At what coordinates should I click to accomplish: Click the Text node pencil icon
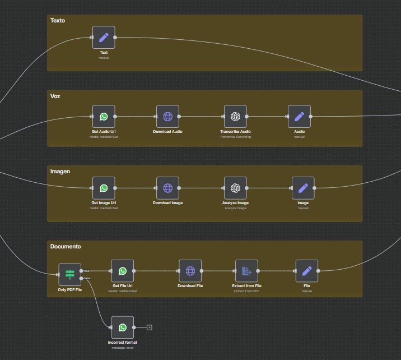coord(104,38)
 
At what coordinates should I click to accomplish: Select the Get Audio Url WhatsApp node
coord(104,117)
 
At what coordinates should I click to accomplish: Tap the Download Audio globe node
coord(167,117)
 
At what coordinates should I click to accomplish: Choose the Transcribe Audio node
coord(235,117)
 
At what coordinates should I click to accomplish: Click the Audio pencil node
coord(299,117)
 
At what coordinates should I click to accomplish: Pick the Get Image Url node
coord(104,188)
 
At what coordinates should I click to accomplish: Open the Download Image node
coord(167,188)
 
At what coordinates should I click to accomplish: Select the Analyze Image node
coord(235,188)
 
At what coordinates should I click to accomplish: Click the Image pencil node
coord(303,188)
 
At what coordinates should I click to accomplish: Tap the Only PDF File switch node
coord(70,274)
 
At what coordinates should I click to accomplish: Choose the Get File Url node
coord(123,271)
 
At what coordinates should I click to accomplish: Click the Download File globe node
coord(190,271)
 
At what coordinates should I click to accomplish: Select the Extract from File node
coord(246,271)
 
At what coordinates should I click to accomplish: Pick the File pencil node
coord(307,271)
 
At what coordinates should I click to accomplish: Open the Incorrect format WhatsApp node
coord(123,327)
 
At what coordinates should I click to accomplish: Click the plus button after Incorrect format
coord(150,327)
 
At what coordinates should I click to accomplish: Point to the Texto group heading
coord(58,21)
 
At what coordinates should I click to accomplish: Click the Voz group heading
coord(55,96)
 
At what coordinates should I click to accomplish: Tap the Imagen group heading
coord(60,172)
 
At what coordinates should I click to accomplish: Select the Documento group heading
coord(66,247)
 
